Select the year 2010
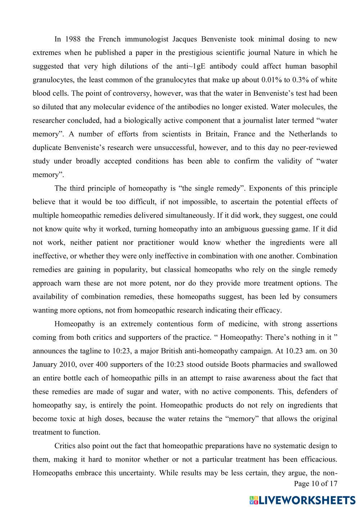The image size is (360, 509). click(x=67, y=365)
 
